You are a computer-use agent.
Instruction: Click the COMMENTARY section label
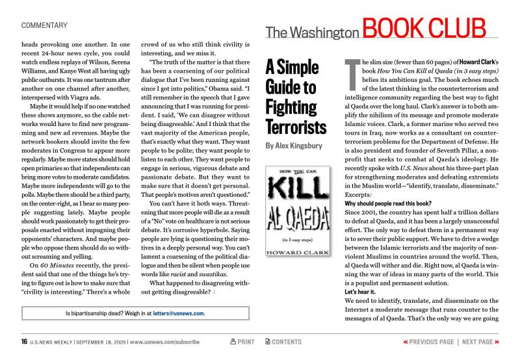(44, 25)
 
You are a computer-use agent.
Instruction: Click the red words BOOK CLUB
(423, 27)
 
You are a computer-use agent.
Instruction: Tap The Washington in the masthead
(312, 31)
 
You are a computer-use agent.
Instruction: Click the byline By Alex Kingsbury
(293, 146)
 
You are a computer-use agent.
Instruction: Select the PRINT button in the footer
(242, 342)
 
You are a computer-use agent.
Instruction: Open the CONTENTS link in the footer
(283, 342)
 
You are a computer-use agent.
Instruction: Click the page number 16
(23, 342)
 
